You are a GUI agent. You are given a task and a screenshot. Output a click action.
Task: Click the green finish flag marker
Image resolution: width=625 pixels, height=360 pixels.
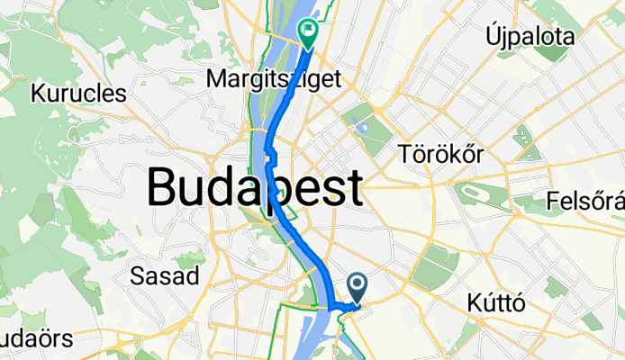point(308,34)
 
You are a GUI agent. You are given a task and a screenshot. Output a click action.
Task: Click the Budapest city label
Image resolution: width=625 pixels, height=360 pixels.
point(255,189)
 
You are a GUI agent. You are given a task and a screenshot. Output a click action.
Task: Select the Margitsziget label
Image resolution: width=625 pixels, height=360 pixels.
point(274,79)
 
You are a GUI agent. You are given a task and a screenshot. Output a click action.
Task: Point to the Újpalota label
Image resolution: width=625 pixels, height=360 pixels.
point(530,37)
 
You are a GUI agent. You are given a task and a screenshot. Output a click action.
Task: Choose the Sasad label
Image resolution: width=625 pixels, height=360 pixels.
point(165,275)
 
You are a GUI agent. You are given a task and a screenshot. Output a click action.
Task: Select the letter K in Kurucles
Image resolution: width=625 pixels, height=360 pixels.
point(38,92)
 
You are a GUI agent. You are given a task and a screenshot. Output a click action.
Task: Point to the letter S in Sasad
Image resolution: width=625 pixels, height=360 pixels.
point(138,275)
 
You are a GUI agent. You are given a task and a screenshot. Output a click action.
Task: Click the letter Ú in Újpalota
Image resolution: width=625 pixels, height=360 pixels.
point(492,37)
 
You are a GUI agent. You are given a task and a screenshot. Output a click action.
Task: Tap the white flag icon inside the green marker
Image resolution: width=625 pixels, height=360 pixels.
point(309,31)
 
